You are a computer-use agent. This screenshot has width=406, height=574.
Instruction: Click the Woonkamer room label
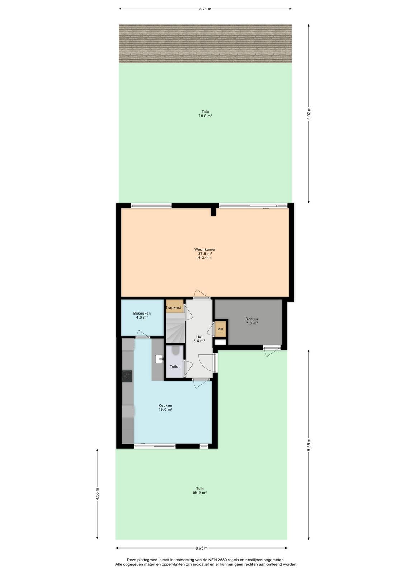pos(205,249)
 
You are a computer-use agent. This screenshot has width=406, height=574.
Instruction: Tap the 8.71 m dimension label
pos(205,9)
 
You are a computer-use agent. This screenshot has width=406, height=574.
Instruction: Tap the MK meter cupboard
pos(220,329)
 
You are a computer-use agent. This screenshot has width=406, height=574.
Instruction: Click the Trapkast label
pos(174,307)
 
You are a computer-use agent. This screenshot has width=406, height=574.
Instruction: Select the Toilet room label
pos(174,366)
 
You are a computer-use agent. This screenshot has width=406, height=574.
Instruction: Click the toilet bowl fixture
pos(175,350)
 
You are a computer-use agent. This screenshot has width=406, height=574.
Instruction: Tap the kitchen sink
pos(159,359)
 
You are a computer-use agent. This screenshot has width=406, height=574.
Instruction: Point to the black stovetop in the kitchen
pos(127,376)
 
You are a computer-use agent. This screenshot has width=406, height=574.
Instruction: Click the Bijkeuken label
pos(142,314)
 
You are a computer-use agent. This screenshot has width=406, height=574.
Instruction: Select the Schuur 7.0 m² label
pos(252,321)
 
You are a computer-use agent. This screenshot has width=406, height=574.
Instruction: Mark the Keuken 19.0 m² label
pos(165,408)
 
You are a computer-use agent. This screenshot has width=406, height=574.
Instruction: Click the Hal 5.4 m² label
pos(199,339)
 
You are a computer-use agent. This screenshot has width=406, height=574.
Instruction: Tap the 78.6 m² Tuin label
pos(205,114)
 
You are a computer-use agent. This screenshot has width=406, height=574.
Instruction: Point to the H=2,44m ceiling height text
pos(204,258)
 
